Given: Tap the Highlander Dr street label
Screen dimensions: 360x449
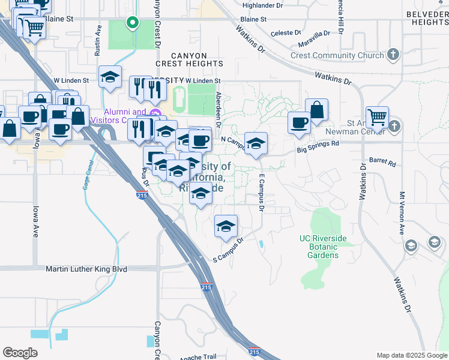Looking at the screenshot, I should click(262, 5).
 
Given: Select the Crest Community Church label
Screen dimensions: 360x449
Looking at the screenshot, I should click(337, 56).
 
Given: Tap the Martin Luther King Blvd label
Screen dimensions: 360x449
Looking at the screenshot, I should click(86, 269).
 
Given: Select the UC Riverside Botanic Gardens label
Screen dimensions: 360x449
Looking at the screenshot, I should click(323, 247).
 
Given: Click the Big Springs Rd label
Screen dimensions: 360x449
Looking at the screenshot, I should click(318, 144).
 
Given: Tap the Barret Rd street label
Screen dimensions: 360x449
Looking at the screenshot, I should click(382, 163).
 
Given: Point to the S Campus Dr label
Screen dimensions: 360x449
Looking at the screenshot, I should click(229, 251).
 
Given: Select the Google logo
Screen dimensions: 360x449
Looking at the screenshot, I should click(20, 352).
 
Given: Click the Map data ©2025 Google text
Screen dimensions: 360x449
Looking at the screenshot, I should click(411, 355).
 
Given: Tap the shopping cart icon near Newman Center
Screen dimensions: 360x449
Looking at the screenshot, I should click(377, 118).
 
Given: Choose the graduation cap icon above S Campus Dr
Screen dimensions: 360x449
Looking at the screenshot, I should click(226, 226).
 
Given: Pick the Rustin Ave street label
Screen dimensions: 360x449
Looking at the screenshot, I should click(97, 41).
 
